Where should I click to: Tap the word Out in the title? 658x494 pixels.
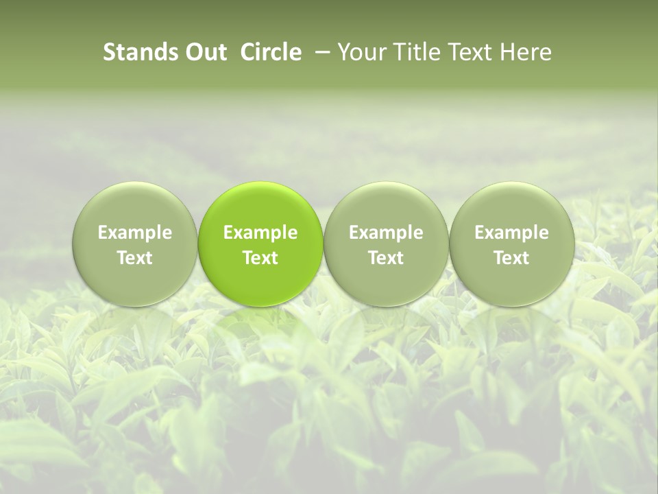pos(204,53)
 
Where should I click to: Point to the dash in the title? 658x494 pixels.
pos(319,53)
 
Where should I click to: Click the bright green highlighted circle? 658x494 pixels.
pos(260,244)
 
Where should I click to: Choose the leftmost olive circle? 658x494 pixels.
pos(134,244)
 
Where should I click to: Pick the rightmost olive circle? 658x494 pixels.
pos(512,244)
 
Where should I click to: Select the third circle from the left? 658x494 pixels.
pos(386,244)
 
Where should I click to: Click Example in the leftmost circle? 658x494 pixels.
pos(134,233)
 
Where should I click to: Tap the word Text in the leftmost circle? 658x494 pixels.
pos(134,258)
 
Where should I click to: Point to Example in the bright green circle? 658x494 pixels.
pos(260,233)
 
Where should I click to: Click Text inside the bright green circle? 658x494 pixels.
pos(260,258)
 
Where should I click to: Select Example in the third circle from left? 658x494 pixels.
pos(386,233)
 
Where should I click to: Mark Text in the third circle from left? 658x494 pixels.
pos(386,258)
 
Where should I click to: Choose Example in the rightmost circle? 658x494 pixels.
pos(512,233)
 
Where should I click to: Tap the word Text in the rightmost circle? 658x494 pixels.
pos(512,258)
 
